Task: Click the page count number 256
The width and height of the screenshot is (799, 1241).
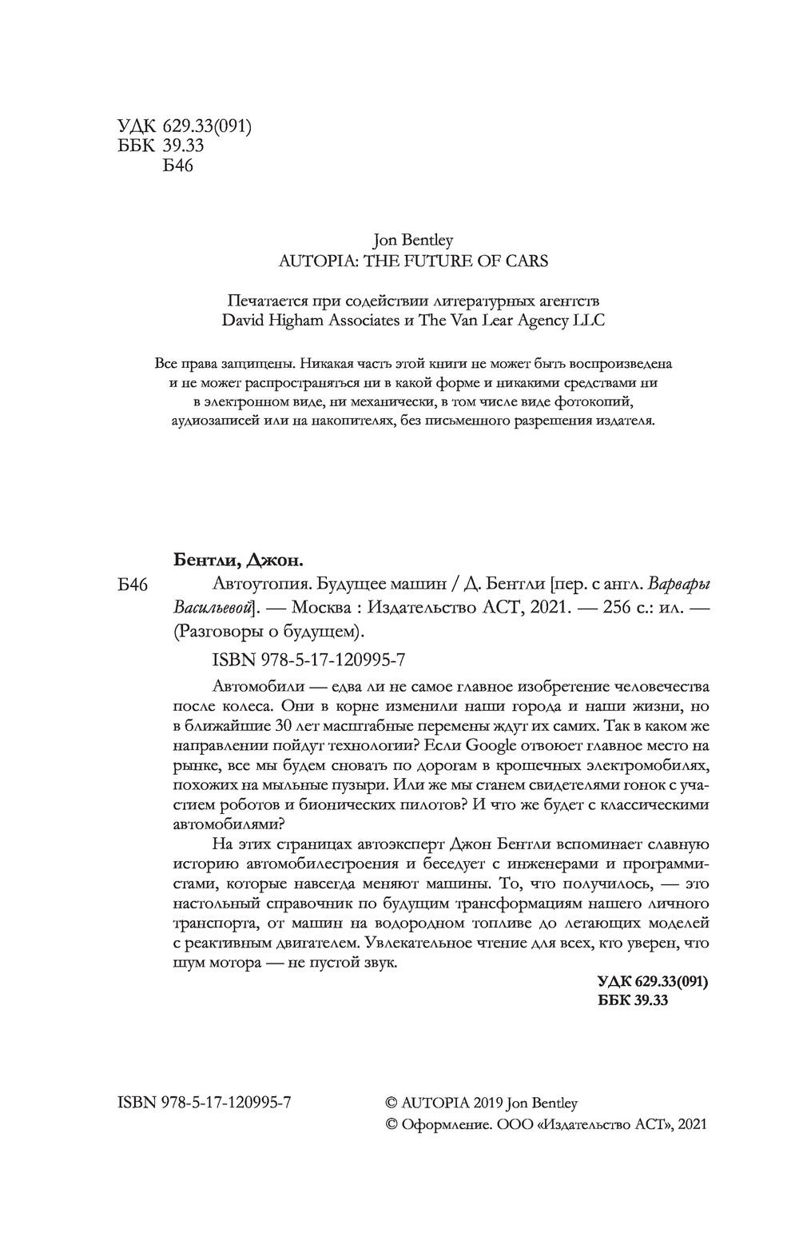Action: (x=611, y=608)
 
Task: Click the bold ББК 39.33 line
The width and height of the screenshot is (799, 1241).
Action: (x=632, y=1000)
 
